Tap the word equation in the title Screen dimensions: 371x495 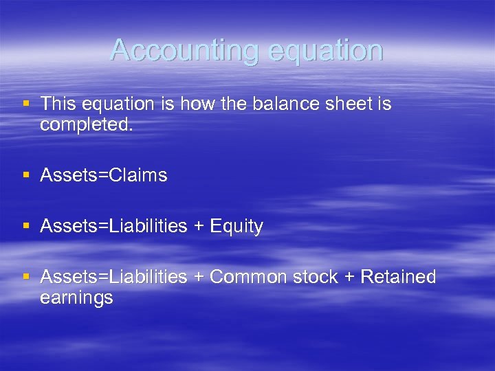point(324,50)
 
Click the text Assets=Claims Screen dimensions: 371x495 point(104,175)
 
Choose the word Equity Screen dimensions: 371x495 point(236,226)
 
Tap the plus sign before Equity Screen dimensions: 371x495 point(199,227)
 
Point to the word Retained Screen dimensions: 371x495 point(398,277)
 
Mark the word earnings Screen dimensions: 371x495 point(76,297)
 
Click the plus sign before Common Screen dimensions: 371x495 point(199,278)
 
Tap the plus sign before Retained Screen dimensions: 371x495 point(349,278)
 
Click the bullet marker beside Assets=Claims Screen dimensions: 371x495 point(26,175)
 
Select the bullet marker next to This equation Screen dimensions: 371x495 point(26,103)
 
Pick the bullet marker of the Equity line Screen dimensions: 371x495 point(26,225)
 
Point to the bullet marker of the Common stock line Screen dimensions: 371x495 point(26,276)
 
